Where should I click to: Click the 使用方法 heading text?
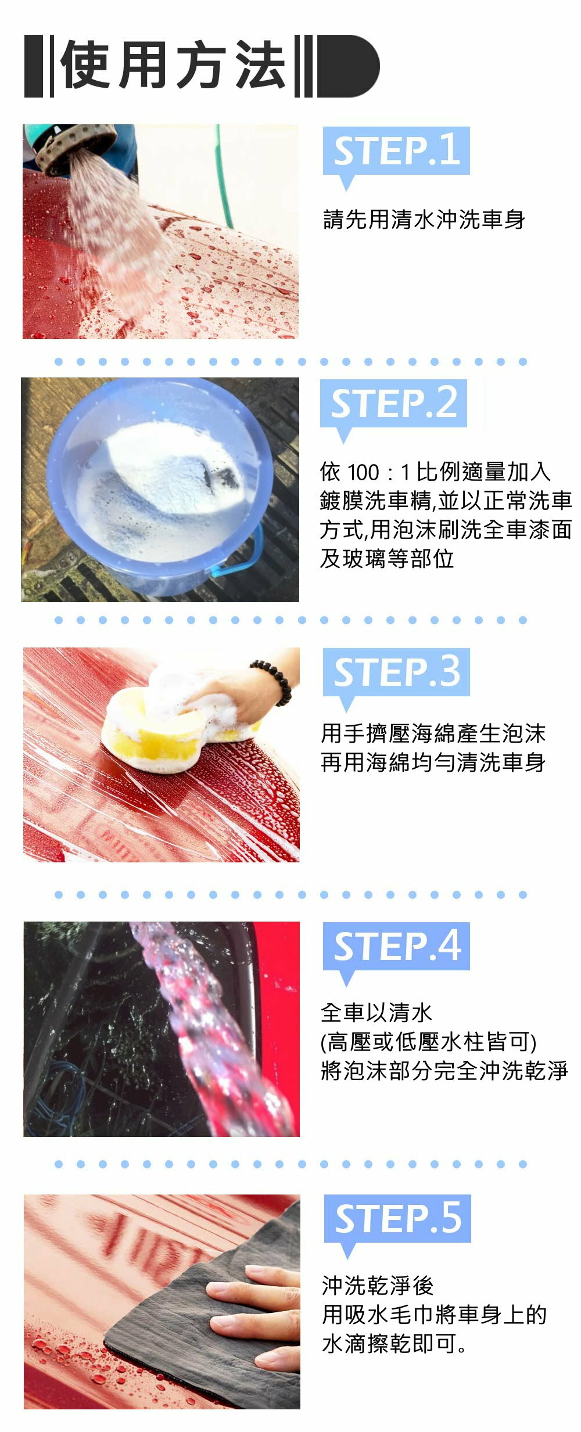(x=173, y=66)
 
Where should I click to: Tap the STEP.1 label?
(x=397, y=151)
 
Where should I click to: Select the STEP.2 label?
(x=394, y=403)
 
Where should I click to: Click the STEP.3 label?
(x=397, y=672)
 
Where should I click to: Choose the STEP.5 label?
(x=398, y=1219)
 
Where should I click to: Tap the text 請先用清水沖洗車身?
(x=424, y=220)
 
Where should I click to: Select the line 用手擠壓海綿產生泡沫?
(x=433, y=733)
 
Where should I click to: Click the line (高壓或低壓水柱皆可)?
(x=429, y=1042)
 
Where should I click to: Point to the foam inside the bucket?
(x=163, y=488)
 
